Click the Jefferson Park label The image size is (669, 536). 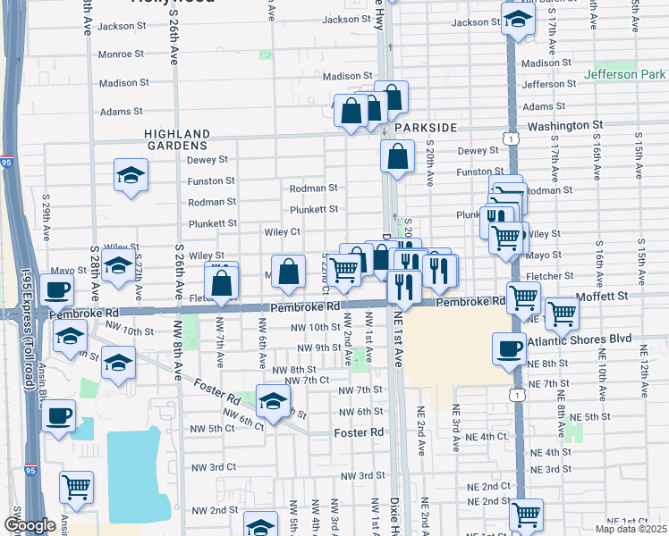(x=623, y=76)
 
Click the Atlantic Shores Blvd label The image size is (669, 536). (x=580, y=340)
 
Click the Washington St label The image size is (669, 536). (x=565, y=127)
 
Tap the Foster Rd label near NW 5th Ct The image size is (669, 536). (x=358, y=432)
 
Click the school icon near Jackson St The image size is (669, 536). (x=517, y=18)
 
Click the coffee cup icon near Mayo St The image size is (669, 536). (x=57, y=290)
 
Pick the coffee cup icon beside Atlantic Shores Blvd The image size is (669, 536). (x=510, y=348)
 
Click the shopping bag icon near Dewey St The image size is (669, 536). (x=397, y=156)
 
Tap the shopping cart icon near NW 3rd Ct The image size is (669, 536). (x=76, y=487)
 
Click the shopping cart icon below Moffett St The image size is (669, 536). (x=561, y=313)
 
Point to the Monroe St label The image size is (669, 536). (x=120, y=54)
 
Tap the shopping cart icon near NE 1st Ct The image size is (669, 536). (x=526, y=515)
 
